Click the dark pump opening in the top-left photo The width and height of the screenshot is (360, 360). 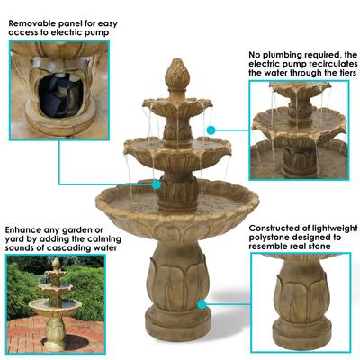(x=56, y=88)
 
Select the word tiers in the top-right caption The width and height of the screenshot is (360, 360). (x=340, y=77)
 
